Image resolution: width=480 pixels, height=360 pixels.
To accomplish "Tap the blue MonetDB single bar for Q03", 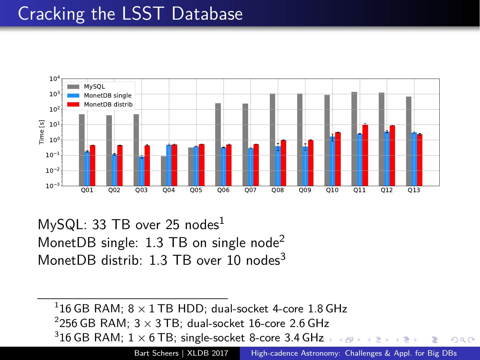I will tap(142, 171).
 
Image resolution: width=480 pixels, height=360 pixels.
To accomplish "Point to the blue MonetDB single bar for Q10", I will tap(332, 161).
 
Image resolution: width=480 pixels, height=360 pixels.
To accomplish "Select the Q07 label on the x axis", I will tap(250, 190).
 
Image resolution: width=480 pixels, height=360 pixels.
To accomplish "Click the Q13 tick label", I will tap(414, 190).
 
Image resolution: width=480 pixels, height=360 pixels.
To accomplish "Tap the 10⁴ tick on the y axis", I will tap(54, 79).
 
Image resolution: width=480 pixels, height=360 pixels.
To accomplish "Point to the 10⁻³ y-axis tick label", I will tap(53, 186).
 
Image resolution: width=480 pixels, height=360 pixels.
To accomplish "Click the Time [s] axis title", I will tap(42, 132).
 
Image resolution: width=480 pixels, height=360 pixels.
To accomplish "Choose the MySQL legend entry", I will tap(94, 87).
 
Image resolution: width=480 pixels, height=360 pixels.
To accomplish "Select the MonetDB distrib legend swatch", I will tap(73, 105).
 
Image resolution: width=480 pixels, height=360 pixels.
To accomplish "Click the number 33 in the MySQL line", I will tap(99, 225).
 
